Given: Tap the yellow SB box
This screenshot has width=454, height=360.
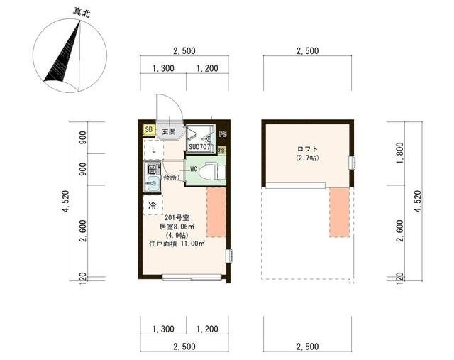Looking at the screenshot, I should (149, 130).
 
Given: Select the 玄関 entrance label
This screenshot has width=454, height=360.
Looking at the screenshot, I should (168, 131).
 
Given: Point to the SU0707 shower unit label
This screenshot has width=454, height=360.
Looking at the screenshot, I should (200, 147).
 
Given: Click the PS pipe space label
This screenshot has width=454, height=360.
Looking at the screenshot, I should (223, 133).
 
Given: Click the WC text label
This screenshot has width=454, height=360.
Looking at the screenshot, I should (193, 169).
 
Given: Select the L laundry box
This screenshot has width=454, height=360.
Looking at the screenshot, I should (153, 151).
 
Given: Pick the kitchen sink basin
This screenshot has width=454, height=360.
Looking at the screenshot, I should (152, 185).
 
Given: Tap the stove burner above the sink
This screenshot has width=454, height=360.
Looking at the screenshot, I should (152, 170).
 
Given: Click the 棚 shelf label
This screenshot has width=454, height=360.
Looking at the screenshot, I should (222, 151).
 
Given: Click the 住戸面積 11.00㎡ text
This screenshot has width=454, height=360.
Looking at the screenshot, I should (177, 244).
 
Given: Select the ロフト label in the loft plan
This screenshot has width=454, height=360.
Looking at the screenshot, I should (307, 148).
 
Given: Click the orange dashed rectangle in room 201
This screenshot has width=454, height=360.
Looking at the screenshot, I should (216, 212).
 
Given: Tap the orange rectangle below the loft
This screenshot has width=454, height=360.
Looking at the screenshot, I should (340, 212).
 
